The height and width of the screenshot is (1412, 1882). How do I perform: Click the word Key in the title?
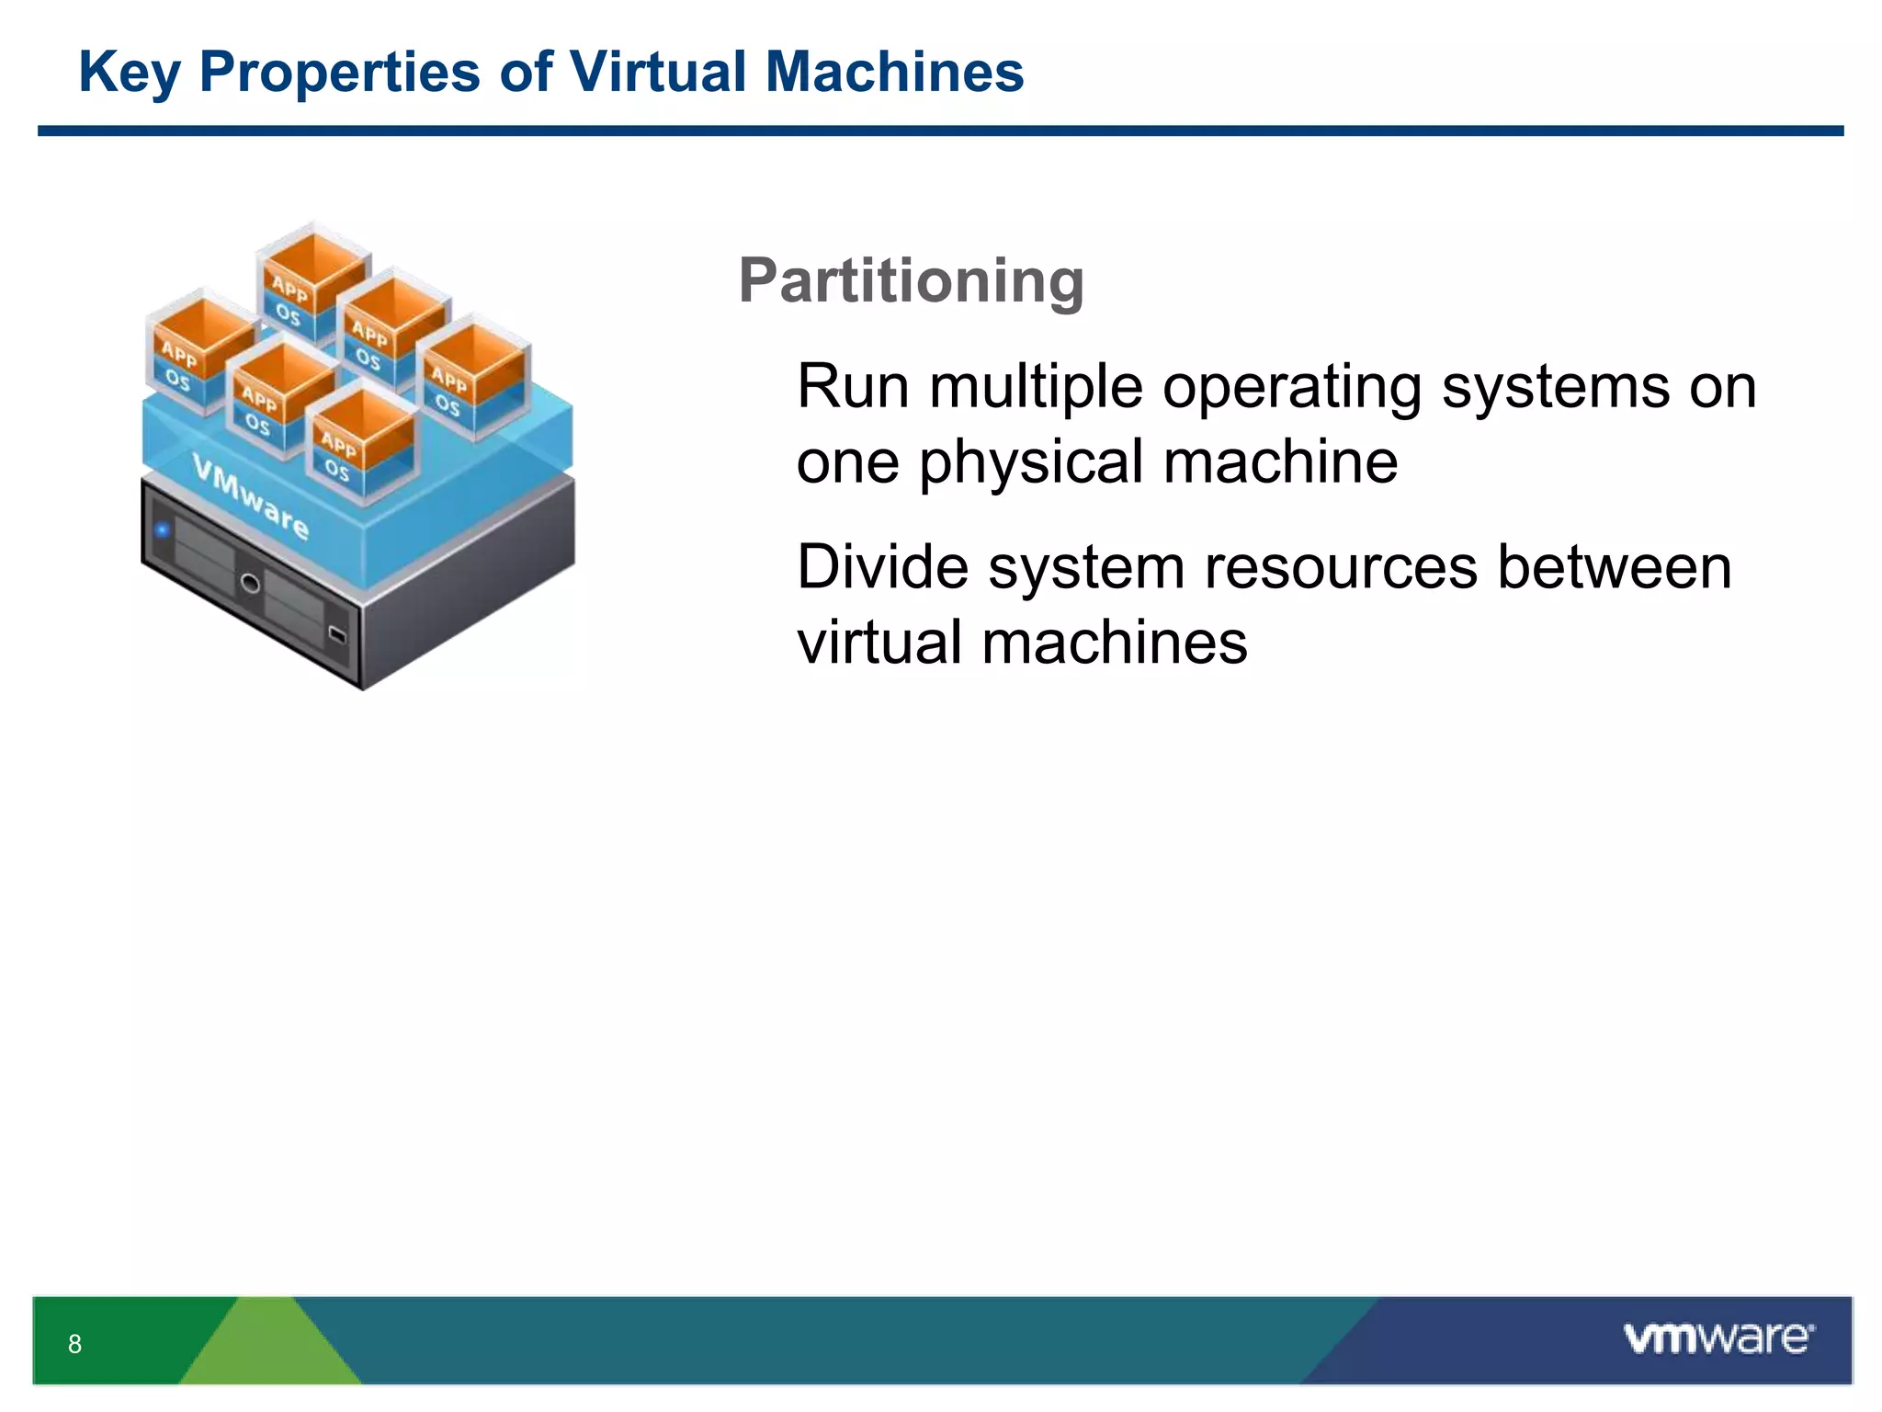[129, 72]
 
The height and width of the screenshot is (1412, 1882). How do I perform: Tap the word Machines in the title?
[894, 72]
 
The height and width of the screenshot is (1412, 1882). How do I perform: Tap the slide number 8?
[74, 1344]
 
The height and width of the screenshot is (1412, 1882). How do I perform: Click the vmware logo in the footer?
[1718, 1338]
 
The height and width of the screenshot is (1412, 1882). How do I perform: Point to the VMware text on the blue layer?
[250, 496]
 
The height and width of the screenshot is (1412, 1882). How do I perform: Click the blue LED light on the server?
[163, 530]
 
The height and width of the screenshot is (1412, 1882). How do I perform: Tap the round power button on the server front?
[249, 583]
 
